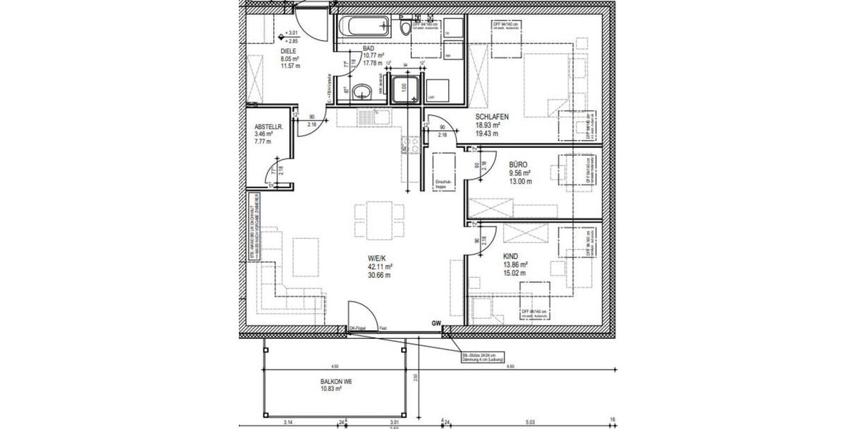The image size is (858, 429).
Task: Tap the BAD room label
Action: pos(369,47)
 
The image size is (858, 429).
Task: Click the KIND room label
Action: pos(511,256)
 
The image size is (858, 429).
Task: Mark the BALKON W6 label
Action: pos(336,382)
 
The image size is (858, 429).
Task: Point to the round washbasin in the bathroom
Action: pos(364,92)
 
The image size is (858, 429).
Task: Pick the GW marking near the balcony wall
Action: pos(435,324)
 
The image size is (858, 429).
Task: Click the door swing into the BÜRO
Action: pos(473,162)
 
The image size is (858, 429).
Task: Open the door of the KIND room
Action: pos(474,242)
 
